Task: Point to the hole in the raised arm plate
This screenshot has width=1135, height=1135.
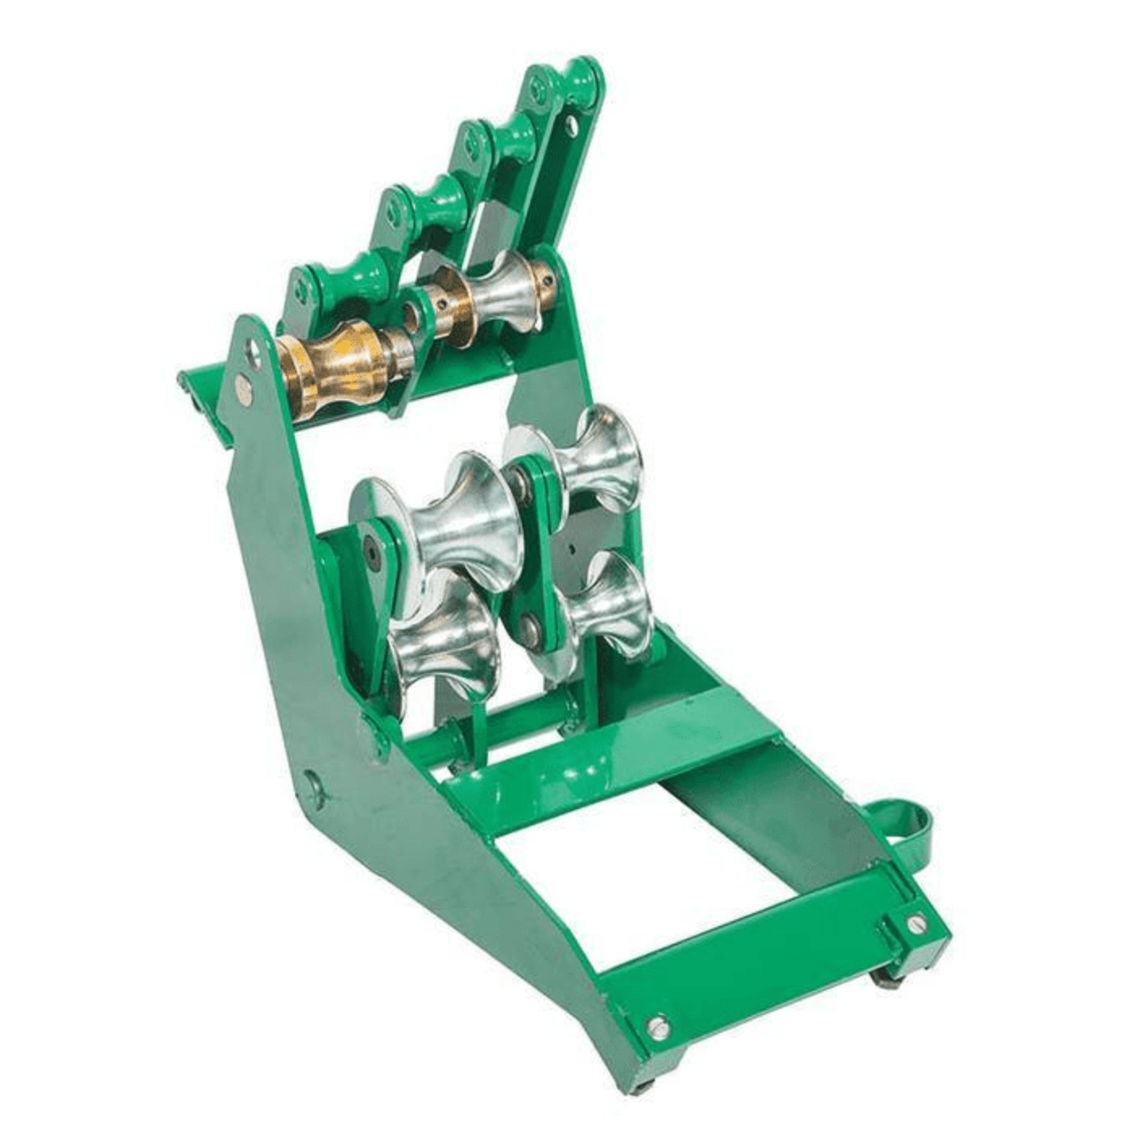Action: click(x=572, y=124)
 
